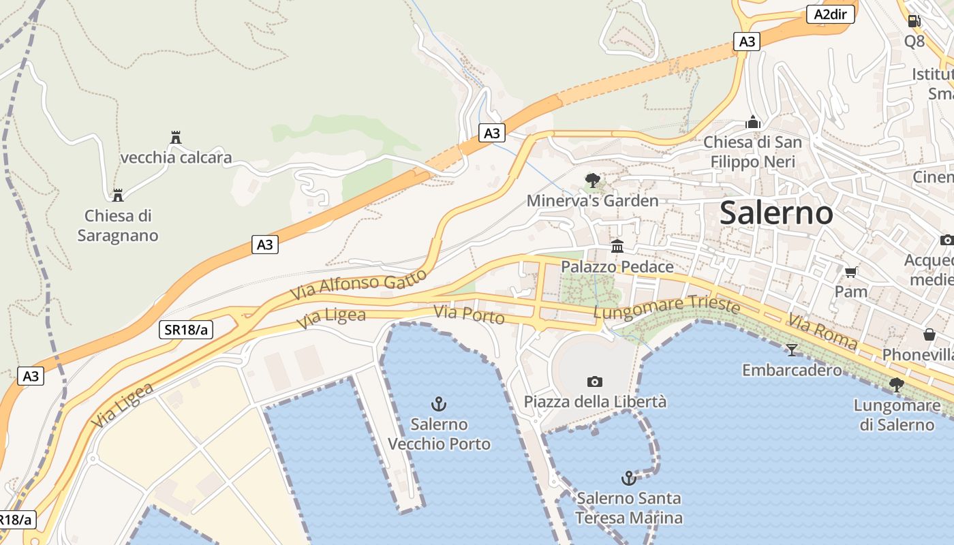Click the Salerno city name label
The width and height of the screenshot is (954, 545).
coord(776,213)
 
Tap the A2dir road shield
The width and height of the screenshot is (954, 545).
coord(831,14)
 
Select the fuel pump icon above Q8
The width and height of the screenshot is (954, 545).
coord(914,20)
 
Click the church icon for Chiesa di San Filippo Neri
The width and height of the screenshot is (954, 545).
coord(753,123)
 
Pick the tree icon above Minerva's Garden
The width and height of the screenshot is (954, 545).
coord(593,181)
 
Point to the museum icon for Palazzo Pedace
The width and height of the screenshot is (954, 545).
coord(617,246)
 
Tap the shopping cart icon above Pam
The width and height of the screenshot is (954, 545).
coord(851,272)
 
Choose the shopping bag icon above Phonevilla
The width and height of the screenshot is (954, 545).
coord(929,334)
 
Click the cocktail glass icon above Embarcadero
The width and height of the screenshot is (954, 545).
coord(791,350)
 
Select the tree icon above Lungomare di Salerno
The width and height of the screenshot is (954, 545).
coord(897,385)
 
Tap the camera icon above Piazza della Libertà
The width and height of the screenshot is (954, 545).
coord(595,381)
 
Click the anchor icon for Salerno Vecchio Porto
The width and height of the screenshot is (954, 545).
coord(439,404)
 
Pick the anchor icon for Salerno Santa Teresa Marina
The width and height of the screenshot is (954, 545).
coord(629,478)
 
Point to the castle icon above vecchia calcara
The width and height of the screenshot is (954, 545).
coord(176,138)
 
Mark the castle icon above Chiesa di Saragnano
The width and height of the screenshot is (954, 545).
coord(118,196)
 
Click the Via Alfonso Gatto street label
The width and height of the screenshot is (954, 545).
coord(358,285)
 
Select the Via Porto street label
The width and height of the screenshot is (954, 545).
coord(469,315)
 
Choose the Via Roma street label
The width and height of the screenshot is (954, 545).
coord(822,332)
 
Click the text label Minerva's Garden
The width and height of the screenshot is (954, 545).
coord(592,201)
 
